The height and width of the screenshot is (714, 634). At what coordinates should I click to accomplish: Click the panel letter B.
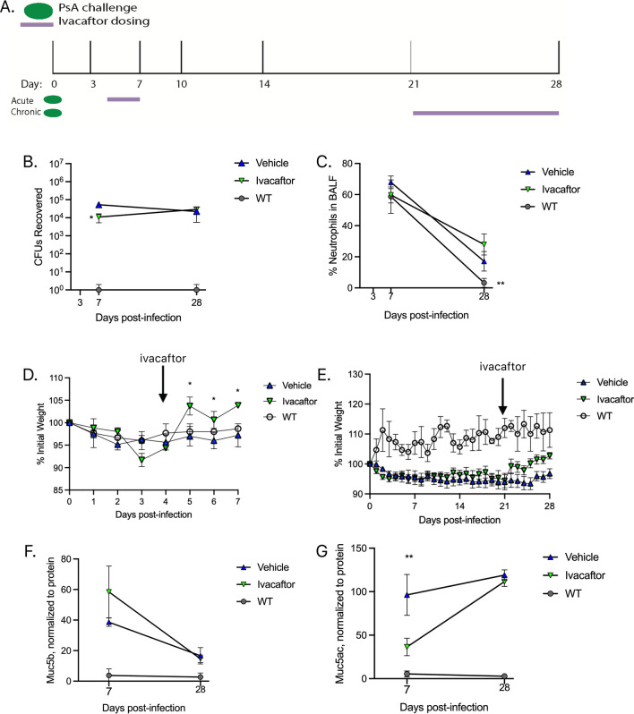30,162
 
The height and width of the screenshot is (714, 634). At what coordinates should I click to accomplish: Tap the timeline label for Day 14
264,84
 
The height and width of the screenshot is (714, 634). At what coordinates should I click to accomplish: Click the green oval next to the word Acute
53,99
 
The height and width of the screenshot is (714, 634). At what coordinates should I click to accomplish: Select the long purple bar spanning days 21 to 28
486,113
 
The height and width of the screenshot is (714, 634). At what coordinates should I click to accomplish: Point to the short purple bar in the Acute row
124,98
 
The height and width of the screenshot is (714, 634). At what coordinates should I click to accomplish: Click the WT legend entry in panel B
253,199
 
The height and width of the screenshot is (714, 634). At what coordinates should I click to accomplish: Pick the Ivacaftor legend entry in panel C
551,189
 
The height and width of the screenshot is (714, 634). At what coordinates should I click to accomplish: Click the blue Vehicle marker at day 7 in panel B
99,205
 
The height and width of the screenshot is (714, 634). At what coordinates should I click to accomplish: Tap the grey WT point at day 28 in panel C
484,283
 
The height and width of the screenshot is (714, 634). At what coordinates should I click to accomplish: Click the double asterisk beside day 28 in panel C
501,284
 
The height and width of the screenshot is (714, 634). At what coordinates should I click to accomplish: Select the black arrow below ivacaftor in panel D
163,384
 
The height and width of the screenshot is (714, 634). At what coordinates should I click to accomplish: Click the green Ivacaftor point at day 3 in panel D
141,460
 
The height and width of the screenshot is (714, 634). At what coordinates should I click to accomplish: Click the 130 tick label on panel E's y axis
356,374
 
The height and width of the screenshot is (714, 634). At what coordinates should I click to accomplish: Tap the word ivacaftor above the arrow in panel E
502,367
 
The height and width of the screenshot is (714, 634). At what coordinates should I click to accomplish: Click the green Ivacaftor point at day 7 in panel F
109,591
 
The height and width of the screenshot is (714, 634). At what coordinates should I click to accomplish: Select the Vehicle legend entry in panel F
263,567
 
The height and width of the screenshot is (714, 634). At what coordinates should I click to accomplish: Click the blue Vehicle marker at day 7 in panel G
407,595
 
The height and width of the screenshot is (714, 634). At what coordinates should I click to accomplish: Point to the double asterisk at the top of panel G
409,557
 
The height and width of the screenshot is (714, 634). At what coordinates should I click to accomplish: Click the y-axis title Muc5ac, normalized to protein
340,614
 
